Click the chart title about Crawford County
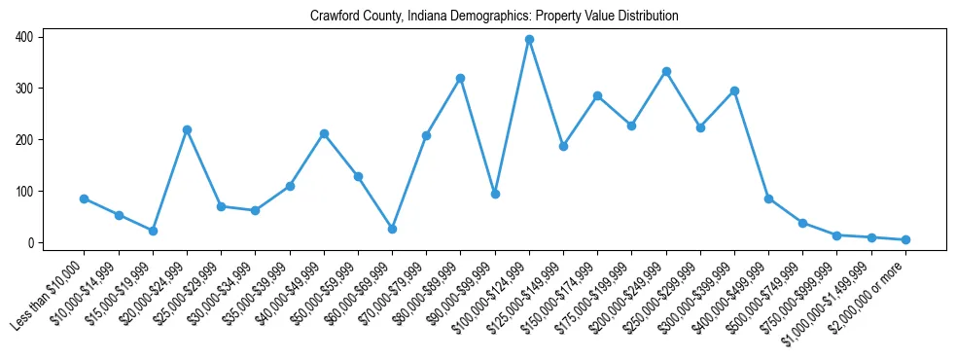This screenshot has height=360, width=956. pyautogui.click(x=494, y=17)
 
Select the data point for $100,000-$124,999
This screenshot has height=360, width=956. pyautogui.click(x=529, y=40)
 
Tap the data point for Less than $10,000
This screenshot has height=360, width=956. pyautogui.click(x=85, y=198)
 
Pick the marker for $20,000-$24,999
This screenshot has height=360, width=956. pyautogui.click(x=187, y=129)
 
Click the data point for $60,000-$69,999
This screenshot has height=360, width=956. pyautogui.click(x=392, y=229)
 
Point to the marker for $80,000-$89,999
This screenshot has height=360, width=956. pyautogui.click(x=460, y=78)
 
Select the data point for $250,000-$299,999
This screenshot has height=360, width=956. pyautogui.click(x=700, y=127)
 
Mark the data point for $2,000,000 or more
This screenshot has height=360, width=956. pyautogui.click(x=905, y=239)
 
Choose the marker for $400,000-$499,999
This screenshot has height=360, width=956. pyautogui.click(x=768, y=198)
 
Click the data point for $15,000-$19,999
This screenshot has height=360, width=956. pyautogui.click(x=153, y=231)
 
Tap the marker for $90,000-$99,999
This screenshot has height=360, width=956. pyautogui.click(x=495, y=194)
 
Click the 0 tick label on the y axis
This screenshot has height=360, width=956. pyautogui.click(x=31, y=242)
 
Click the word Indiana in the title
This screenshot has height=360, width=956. pyautogui.click(x=426, y=17)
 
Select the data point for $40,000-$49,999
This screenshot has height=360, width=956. pyautogui.click(x=324, y=133)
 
